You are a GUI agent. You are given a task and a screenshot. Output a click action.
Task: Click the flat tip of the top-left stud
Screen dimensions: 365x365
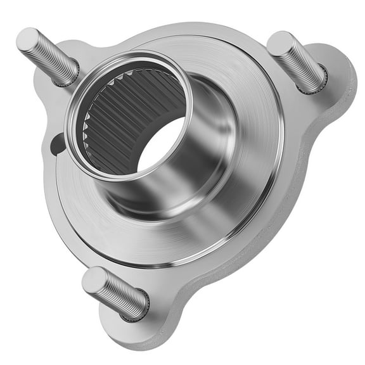(x=27, y=39)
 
